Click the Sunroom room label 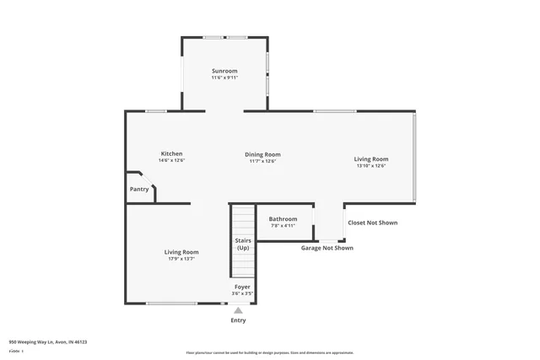click(224, 71)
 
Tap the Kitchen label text click(172, 153)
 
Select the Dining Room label click(263, 154)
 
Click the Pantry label click(139, 189)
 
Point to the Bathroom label click(283, 219)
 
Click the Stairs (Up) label click(243, 244)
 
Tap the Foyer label click(243, 287)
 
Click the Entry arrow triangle click(238, 310)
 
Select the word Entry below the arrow click(238, 320)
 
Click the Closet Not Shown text click(372, 223)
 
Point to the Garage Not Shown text click(327, 248)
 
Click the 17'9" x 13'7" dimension click(181, 259)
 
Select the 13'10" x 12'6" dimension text click(371, 166)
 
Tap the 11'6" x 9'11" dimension click(224, 78)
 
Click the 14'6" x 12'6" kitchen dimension click(172, 160)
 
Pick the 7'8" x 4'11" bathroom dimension click(283, 226)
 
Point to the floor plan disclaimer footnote click(270, 352)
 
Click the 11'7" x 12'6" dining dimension click(263, 161)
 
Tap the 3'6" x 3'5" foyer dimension click(243, 293)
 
